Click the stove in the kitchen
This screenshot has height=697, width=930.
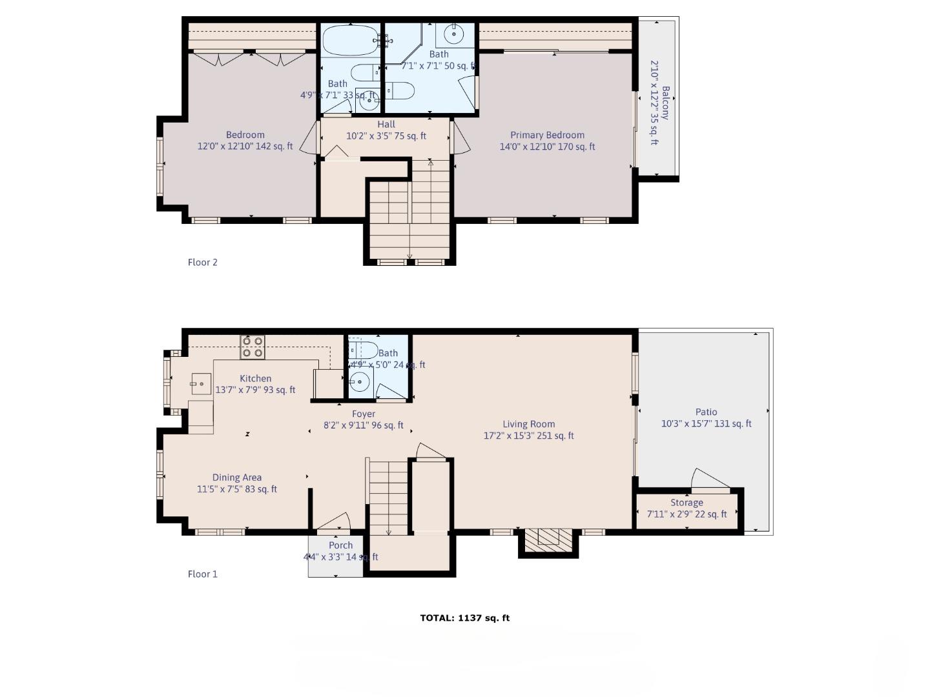click(x=253, y=347)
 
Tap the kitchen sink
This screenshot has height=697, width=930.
click(x=201, y=384)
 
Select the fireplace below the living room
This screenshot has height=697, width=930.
click(x=548, y=540)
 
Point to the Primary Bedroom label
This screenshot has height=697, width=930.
click(x=547, y=135)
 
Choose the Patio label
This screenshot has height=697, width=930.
click(x=706, y=412)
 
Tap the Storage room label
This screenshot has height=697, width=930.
click(x=687, y=503)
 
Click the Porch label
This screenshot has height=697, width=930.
click(x=340, y=545)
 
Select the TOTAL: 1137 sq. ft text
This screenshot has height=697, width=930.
click(x=464, y=618)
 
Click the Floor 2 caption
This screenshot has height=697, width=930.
click(x=202, y=262)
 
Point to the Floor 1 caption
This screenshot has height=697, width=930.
click(x=202, y=574)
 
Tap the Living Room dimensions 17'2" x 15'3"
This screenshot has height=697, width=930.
click(x=528, y=436)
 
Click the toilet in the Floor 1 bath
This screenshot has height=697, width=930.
click(x=363, y=350)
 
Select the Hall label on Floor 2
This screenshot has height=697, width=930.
click(x=386, y=124)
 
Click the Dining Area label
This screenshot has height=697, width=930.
click(x=237, y=478)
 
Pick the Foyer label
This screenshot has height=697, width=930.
click(x=364, y=414)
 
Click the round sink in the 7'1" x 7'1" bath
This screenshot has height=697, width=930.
click(x=454, y=34)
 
